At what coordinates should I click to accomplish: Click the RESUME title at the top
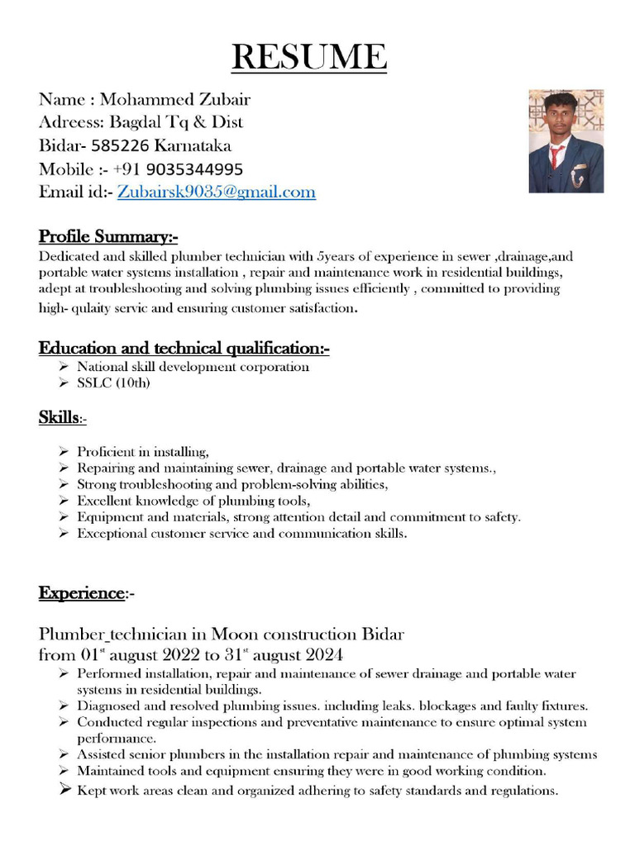(x=308, y=57)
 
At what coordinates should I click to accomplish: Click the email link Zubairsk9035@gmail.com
(x=216, y=192)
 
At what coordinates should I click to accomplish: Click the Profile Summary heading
(x=108, y=237)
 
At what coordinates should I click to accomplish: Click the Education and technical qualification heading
(x=184, y=348)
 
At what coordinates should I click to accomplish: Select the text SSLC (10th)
(x=113, y=383)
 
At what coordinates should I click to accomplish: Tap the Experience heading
(x=81, y=593)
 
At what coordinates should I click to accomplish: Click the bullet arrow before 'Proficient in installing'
(x=64, y=452)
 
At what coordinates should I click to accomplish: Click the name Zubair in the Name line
(x=223, y=100)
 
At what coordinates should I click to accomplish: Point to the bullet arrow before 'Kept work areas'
(x=64, y=790)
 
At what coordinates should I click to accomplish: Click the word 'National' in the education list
(x=103, y=366)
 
